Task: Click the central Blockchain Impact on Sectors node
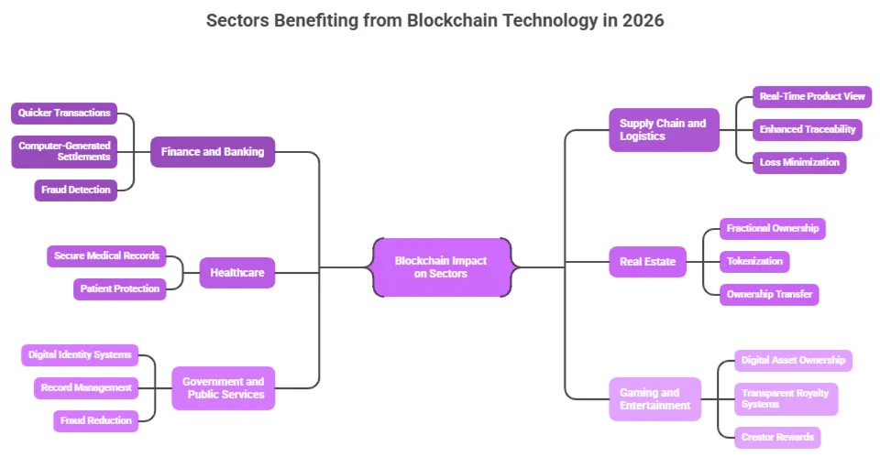click(x=441, y=267)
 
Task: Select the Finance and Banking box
click(x=212, y=152)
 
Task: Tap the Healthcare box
click(x=236, y=273)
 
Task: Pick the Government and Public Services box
click(x=223, y=388)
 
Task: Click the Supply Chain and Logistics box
click(x=664, y=130)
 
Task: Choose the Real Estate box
click(x=647, y=262)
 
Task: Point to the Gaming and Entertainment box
click(x=654, y=399)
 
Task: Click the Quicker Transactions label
click(x=64, y=114)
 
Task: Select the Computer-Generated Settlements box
click(x=64, y=152)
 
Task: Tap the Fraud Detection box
click(x=76, y=190)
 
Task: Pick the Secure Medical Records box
click(x=106, y=256)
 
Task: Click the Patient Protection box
click(x=119, y=289)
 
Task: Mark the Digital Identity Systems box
click(x=80, y=354)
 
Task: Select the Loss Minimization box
click(x=798, y=163)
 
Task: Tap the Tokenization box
click(x=754, y=262)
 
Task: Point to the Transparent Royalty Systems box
click(x=786, y=399)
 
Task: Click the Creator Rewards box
click(x=776, y=438)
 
